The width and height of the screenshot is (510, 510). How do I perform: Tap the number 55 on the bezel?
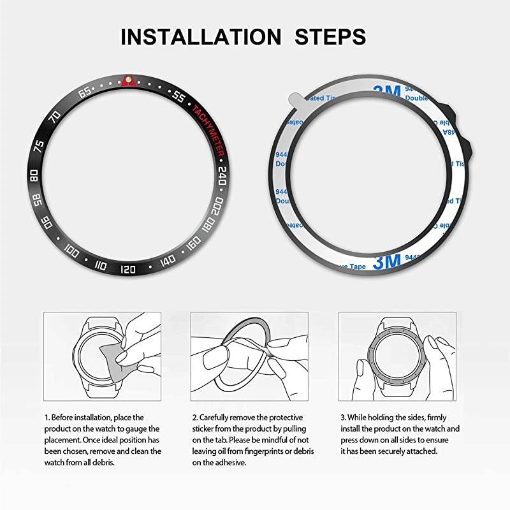click(178, 97)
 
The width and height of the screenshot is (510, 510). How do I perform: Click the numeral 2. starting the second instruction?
click(194, 417)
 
